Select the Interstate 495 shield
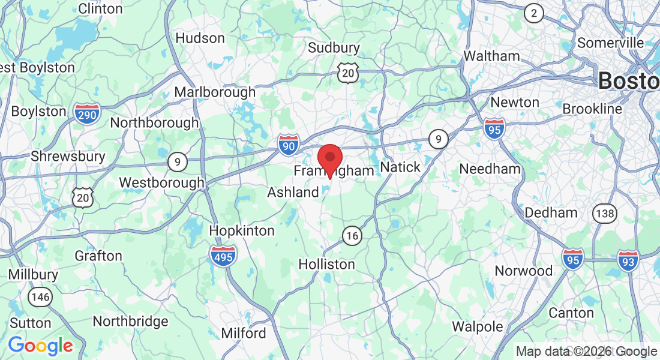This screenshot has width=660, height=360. (x=223, y=255)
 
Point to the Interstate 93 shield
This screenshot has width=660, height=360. (x=628, y=260)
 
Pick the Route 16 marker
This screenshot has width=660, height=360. (x=352, y=236)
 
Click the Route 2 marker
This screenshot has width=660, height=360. (x=533, y=13)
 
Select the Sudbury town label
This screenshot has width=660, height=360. (x=334, y=48)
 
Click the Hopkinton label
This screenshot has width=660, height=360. (x=242, y=231)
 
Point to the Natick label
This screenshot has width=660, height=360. (x=401, y=167)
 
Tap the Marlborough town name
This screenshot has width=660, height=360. (x=215, y=92)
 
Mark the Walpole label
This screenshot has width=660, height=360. (x=478, y=327)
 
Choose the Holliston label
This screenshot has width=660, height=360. (x=327, y=264)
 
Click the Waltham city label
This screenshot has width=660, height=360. (x=492, y=56)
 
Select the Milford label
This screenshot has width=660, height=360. (x=244, y=333)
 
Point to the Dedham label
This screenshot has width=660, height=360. (x=551, y=212)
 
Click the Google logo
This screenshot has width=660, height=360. (x=40, y=346)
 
